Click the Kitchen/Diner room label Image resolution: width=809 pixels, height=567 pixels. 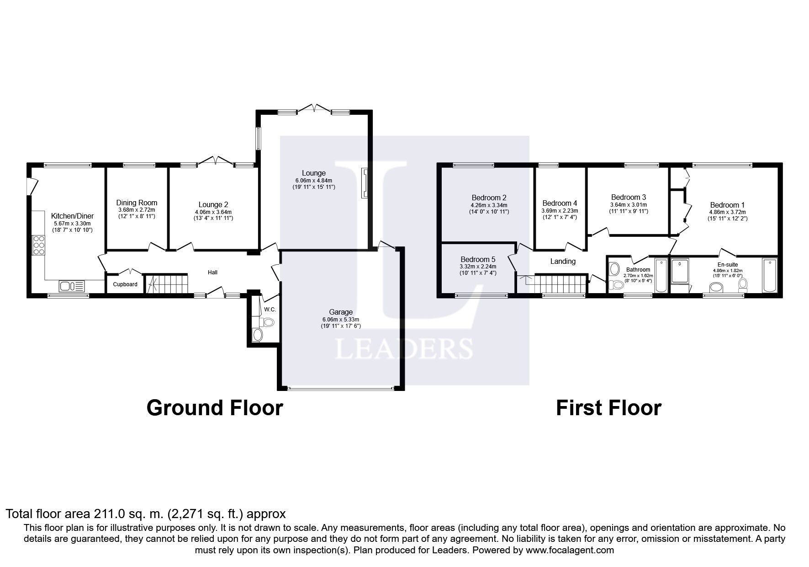72,216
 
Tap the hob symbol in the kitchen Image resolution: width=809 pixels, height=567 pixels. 39,247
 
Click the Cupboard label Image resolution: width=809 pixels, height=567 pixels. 125,284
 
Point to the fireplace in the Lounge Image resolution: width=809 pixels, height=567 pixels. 365,183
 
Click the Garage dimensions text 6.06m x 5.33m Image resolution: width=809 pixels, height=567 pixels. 341,320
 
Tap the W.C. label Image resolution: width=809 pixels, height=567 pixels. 270,310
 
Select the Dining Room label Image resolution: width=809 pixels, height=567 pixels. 137,203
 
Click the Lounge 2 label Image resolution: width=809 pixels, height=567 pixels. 213,205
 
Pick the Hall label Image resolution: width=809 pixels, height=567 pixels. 212,273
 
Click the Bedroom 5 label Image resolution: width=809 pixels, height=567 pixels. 478,259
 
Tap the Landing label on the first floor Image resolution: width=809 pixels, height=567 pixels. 562,261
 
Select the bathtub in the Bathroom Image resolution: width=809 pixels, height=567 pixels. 661,275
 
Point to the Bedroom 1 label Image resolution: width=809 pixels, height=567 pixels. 727,205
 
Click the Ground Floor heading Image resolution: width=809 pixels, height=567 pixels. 215,407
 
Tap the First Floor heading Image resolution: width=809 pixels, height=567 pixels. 608,407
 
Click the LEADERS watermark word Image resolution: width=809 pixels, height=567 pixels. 404,348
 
